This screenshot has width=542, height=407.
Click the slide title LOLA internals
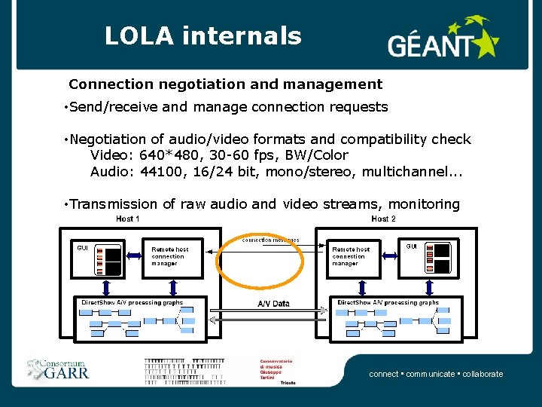point(202,35)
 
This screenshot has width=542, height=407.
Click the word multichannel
point(410,171)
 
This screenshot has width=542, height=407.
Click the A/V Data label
point(273,304)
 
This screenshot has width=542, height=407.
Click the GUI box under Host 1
point(98,259)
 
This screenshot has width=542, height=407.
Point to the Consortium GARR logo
point(58,369)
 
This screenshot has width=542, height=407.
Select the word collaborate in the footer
point(483,374)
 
